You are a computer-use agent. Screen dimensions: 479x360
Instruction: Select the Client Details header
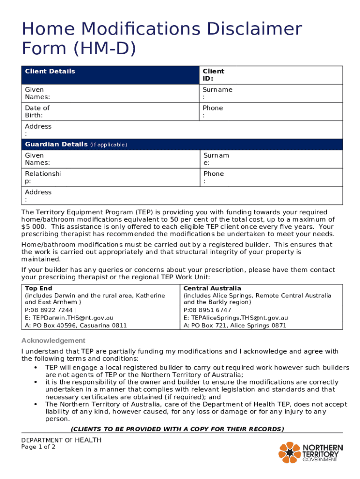[50, 71]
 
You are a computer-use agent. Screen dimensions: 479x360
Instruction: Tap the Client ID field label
[213, 75]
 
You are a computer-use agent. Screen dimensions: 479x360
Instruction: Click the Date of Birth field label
[37, 111]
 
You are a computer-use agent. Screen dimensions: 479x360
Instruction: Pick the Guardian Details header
[56, 144]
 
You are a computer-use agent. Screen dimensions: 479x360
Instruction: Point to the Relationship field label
[43, 177]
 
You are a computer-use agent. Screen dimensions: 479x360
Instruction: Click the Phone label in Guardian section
[213, 177]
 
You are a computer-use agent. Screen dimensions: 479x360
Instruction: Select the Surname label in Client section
[217, 93]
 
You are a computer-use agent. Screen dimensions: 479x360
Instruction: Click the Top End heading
[38, 288]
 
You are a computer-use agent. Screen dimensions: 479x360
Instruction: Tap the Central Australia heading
[212, 288]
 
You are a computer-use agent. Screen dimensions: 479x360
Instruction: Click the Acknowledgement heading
[53, 341]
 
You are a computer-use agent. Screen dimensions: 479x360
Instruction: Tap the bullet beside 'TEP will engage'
[36, 367]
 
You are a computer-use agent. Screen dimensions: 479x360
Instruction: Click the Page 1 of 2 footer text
[38, 447]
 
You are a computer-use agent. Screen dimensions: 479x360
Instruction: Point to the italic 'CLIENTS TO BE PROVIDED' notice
[177, 429]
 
